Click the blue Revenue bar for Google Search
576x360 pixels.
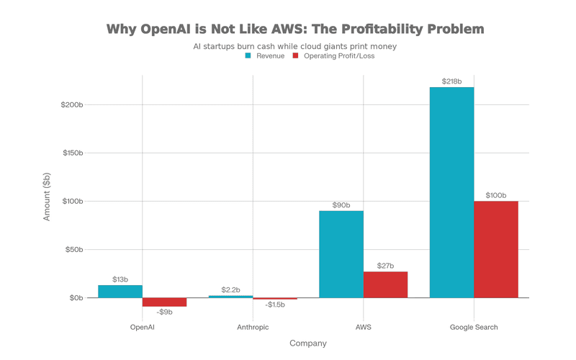click(x=451, y=192)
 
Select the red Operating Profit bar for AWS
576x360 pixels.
click(x=385, y=284)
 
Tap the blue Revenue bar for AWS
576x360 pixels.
click(x=341, y=254)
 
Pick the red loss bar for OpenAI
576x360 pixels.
click(x=164, y=302)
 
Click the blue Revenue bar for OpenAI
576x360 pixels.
click(x=120, y=292)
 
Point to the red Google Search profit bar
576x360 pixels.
click(x=496, y=249)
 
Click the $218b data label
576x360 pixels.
click(x=451, y=81)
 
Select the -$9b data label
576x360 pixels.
click(x=164, y=312)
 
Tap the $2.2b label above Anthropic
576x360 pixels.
click(x=230, y=289)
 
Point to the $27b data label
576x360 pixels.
click(x=385, y=266)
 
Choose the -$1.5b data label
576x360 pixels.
click(x=274, y=305)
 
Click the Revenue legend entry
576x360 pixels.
click(x=266, y=56)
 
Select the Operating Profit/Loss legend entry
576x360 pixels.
click(x=333, y=56)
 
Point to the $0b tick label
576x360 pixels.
click(x=76, y=298)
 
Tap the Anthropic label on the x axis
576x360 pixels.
click(x=253, y=328)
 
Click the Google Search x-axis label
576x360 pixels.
click(x=474, y=328)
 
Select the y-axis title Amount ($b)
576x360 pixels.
click(x=47, y=196)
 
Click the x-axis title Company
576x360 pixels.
click(x=307, y=343)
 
